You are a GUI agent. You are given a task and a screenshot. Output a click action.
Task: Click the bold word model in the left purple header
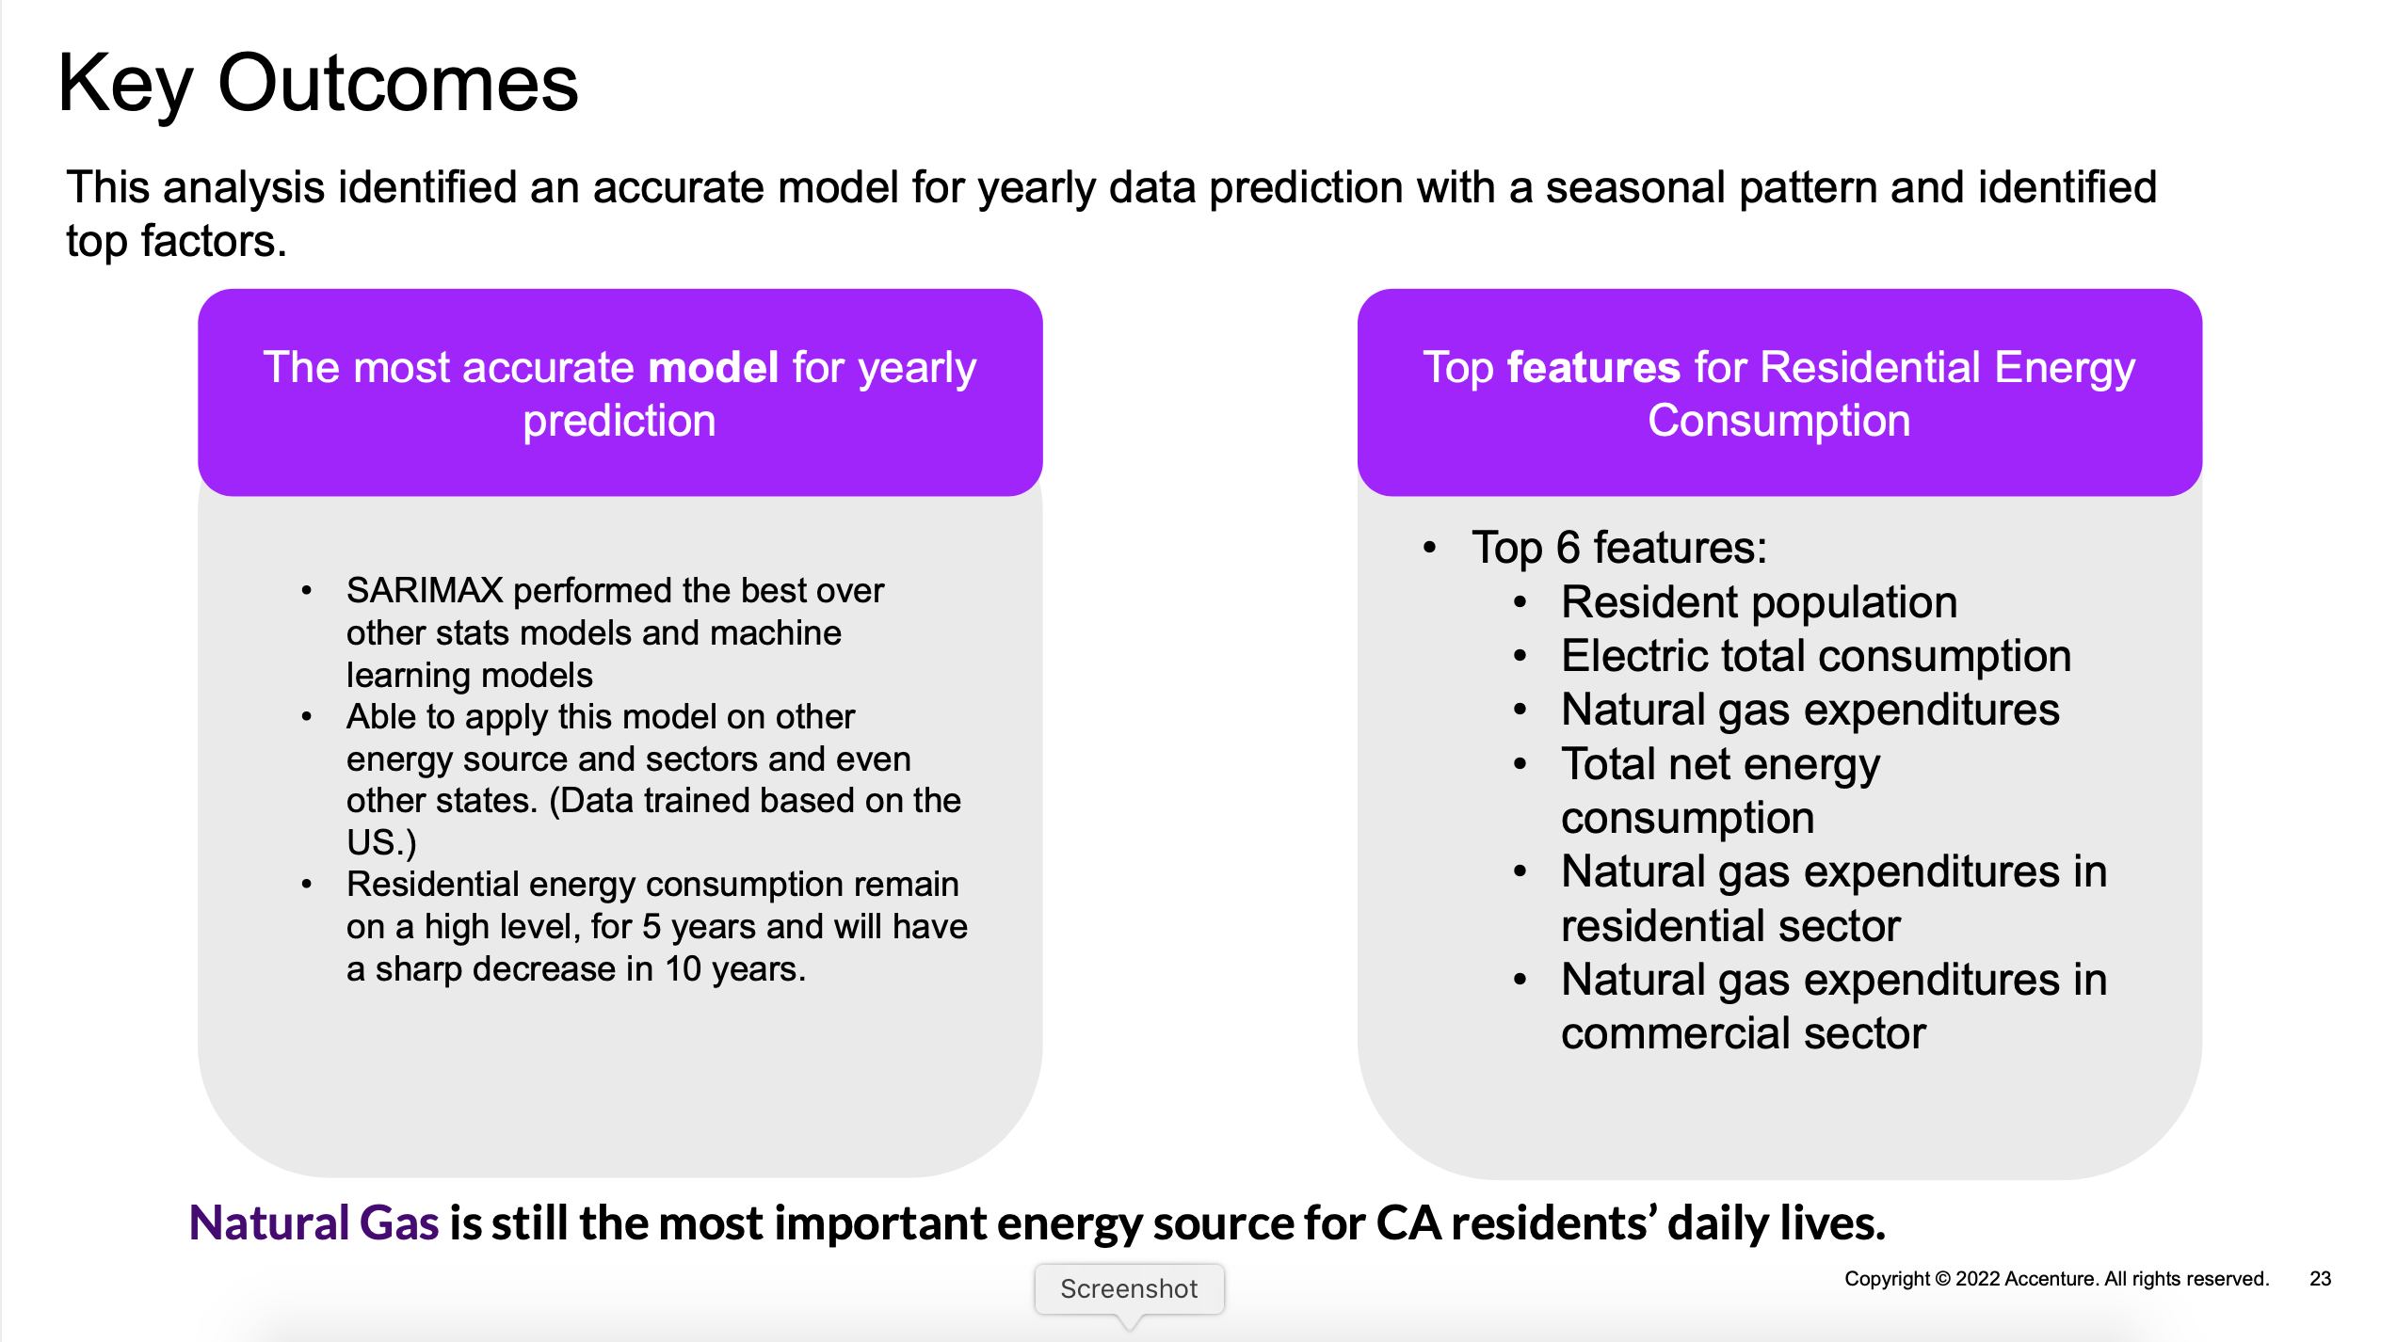[713, 367]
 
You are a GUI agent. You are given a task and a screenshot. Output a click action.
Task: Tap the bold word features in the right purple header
[1593, 367]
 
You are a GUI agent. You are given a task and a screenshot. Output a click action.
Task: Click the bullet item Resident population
[1759, 602]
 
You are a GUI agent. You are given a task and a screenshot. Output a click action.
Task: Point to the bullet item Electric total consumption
[1815, 656]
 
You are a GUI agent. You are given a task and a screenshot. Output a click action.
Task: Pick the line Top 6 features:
[1619, 548]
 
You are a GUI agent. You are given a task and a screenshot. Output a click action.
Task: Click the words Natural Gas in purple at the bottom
[314, 1223]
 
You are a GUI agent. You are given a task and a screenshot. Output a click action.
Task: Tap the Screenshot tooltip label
[1128, 1288]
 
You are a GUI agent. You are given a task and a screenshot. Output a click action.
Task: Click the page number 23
[2320, 1279]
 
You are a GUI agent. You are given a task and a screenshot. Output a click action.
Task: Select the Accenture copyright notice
[2056, 1279]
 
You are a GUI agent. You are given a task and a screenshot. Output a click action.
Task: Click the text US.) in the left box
[380, 842]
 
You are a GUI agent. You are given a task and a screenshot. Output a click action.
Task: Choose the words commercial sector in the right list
[1743, 1034]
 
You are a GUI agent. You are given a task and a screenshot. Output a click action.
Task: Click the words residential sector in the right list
[1730, 927]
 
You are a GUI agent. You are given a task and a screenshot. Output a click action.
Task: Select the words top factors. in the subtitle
[176, 241]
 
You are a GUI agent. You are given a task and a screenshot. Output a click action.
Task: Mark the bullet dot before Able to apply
[306, 717]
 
